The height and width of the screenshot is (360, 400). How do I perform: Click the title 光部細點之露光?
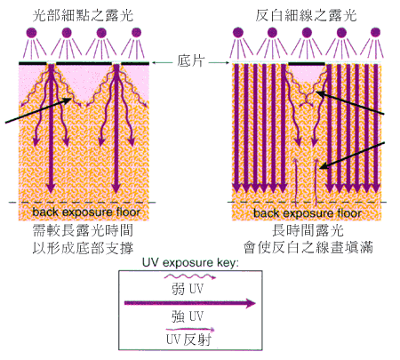coord(83,15)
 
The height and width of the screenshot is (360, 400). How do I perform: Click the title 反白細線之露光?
coord(306,15)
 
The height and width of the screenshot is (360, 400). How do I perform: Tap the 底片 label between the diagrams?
coord(191,60)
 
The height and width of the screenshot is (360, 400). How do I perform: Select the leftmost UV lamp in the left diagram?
coord(32,32)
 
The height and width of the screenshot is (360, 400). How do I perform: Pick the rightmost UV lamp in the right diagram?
coord(375,32)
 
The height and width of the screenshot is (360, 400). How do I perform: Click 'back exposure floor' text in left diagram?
coord(86,212)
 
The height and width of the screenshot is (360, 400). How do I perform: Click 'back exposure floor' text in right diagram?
coord(308,212)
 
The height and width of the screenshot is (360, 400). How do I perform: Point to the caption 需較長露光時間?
coord(83,230)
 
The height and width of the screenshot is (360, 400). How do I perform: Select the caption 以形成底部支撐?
coord(83,248)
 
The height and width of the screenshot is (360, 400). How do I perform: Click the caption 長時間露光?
coord(308,230)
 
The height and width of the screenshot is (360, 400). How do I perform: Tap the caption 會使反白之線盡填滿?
coord(308,248)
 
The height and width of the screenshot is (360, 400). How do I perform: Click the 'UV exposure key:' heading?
coord(190,263)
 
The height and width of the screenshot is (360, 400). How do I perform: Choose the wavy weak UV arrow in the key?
coord(190,276)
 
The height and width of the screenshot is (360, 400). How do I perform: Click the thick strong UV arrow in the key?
coord(190,303)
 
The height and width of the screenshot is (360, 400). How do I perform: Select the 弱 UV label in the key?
coord(188,289)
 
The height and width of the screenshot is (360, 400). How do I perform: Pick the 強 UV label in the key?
coord(188,316)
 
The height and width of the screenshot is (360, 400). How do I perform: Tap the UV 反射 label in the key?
coord(188,340)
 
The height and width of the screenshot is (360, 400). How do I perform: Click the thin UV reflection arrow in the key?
coord(190,329)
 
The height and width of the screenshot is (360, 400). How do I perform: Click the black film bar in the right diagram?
coord(307,63)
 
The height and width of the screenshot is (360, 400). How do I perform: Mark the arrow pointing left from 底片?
coord(163,62)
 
